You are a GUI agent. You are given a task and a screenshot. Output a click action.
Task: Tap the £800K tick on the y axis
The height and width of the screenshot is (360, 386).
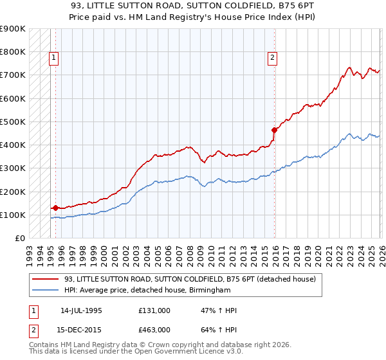pos(13,52)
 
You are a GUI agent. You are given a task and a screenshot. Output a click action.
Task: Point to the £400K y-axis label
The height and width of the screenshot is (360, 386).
pos(13,145)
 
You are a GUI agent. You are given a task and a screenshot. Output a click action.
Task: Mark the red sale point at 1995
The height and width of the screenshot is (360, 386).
pos(55,208)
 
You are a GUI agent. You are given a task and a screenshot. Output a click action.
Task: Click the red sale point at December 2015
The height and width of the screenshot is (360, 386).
pos(274,130)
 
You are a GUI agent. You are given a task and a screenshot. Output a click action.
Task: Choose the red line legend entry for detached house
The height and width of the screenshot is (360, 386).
pos(190,279)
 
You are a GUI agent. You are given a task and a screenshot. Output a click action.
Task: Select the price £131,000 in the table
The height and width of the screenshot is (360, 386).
pos(154,310)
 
